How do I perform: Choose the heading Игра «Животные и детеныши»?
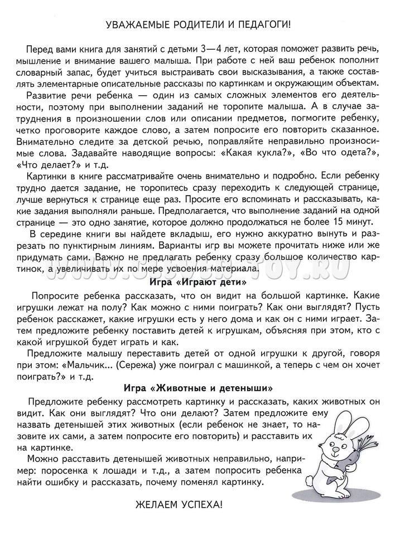point(198,386)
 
